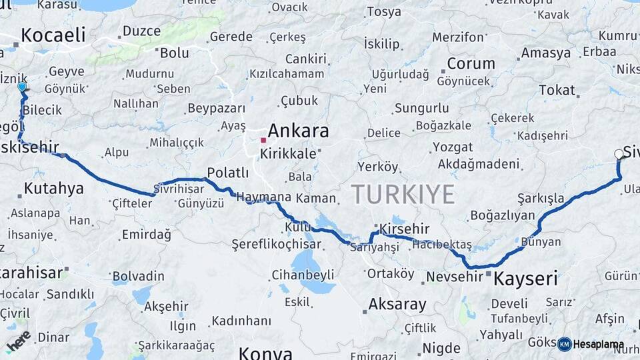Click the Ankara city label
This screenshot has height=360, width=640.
point(298,131)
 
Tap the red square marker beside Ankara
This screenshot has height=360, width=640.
point(263,140)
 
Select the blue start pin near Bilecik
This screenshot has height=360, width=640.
point(22,87)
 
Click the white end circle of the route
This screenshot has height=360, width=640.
point(619,154)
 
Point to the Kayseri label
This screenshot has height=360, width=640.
point(525,279)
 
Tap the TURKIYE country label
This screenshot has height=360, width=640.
point(403,194)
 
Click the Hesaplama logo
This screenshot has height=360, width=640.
point(591,344)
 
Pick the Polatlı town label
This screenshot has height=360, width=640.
point(228,173)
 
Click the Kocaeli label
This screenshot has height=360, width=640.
point(53,35)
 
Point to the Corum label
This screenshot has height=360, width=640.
point(471,64)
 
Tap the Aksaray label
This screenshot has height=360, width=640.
point(397,305)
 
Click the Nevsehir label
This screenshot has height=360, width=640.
point(454,276)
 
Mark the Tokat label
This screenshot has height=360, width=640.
point(557,90)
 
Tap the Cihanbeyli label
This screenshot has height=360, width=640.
point(303,275)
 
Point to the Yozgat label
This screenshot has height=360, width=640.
point(453,147)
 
